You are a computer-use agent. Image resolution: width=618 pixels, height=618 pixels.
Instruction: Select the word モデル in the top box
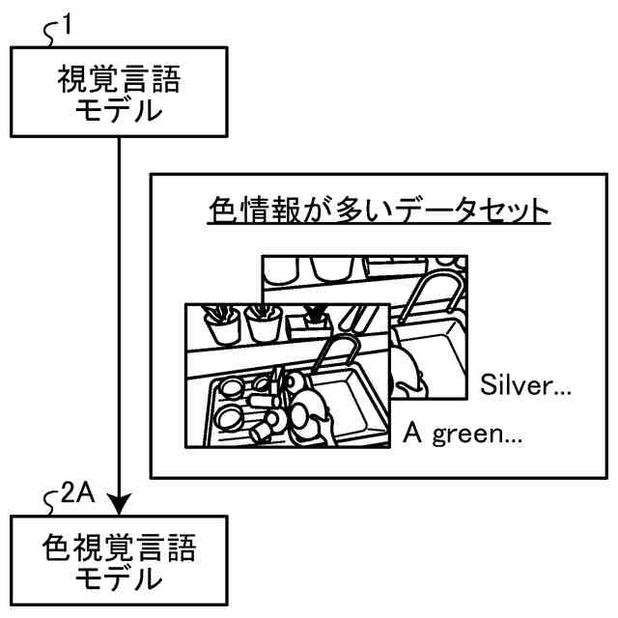coord(119,110)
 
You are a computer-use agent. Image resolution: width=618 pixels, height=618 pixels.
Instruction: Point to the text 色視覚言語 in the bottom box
coord(119,550)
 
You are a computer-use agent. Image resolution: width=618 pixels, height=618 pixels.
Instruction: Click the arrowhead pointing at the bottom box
coord(119,503)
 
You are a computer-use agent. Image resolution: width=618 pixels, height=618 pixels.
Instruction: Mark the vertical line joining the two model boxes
coord(119,309)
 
